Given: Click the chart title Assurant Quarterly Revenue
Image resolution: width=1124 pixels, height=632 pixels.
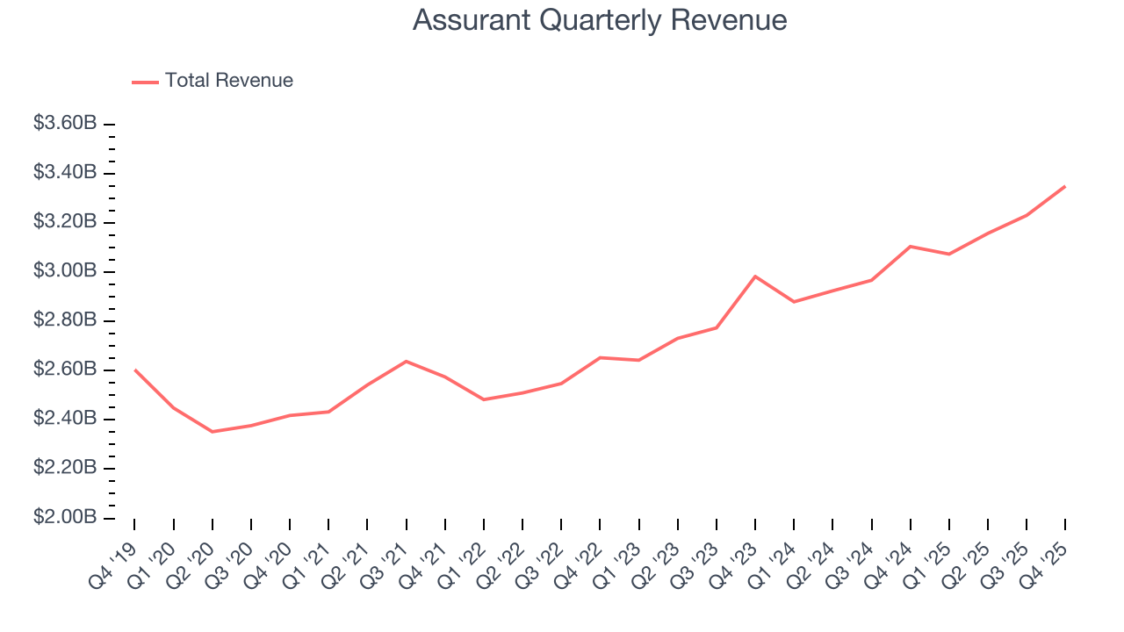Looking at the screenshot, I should click(600, 20).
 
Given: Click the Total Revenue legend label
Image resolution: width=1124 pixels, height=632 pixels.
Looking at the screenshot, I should click(228, 81).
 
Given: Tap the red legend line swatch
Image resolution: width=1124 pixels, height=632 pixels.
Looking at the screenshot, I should click(145, 82).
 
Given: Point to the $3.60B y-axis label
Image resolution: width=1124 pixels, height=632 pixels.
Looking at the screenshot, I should click(65, 124).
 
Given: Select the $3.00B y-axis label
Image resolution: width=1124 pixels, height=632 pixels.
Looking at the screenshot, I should click(65, 271).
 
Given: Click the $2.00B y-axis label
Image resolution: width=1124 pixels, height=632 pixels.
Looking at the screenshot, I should click(65, 517).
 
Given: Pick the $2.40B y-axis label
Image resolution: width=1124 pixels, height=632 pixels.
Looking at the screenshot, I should click(65, 419).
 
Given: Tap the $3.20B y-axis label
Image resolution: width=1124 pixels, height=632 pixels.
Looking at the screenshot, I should click(65, 222).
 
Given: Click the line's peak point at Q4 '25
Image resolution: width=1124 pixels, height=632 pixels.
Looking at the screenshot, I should click(1065, 186).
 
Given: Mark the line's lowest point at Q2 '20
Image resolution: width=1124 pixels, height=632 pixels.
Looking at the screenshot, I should click(213, 432).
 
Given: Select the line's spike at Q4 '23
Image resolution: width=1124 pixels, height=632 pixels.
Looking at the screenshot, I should click(755, 276).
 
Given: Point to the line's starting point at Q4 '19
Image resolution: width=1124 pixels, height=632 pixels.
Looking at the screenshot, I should click(134, 370).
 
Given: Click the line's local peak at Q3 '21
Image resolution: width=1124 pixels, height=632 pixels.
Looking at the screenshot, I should click(406, 361).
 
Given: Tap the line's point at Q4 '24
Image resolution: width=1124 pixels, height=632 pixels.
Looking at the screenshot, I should click(911, 247).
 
